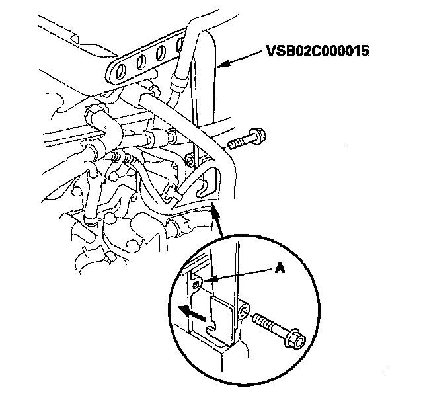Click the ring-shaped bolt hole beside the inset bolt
(x=244, y=310)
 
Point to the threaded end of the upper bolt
(x=232, y=144)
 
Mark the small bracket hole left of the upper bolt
(x=190, y=160)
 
